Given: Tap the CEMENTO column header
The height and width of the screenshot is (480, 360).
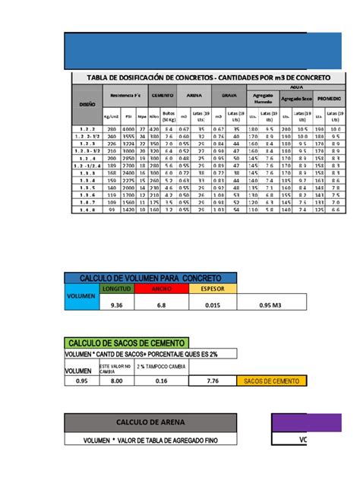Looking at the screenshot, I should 163,96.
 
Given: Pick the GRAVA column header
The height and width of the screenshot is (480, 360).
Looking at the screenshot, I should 228,96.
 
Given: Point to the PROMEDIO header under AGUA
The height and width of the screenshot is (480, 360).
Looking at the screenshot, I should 330,99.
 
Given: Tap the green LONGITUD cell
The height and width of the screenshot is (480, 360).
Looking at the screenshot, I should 117,289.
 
